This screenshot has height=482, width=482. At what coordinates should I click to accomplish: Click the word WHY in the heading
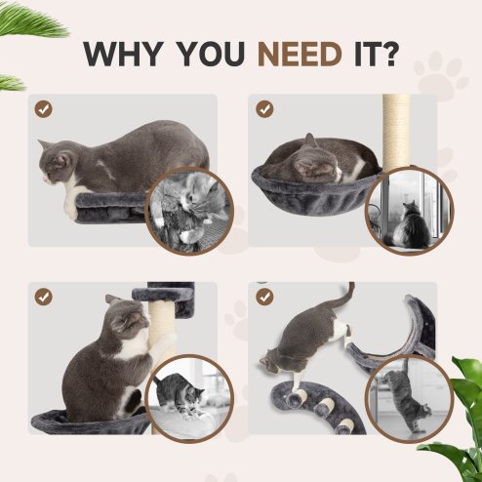[x=124, y=54]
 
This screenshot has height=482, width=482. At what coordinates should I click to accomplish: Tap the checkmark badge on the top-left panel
[x=43, y=108]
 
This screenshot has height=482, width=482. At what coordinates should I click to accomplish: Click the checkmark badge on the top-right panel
[x=264, y=108]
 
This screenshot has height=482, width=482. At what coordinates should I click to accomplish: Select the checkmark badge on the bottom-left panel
[x=43, y=295]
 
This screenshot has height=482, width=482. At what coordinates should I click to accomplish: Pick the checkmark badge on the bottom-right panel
[x=264, y=295]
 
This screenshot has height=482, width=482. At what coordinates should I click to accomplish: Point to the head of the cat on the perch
[x=57, y=161]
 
